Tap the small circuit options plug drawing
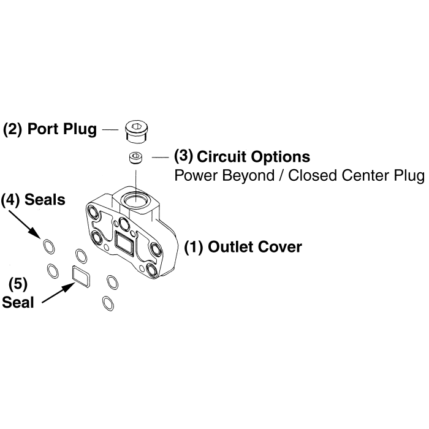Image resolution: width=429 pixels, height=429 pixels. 135,158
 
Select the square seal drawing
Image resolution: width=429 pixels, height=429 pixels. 82,275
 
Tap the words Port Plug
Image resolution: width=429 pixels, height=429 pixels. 62,130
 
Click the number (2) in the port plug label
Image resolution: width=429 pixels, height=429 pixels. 13,130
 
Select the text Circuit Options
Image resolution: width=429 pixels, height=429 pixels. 253,156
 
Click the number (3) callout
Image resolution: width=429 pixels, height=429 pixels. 184,156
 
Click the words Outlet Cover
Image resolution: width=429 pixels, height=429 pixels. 255,247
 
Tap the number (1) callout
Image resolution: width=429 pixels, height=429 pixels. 194,247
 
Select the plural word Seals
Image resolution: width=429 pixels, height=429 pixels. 45,200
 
